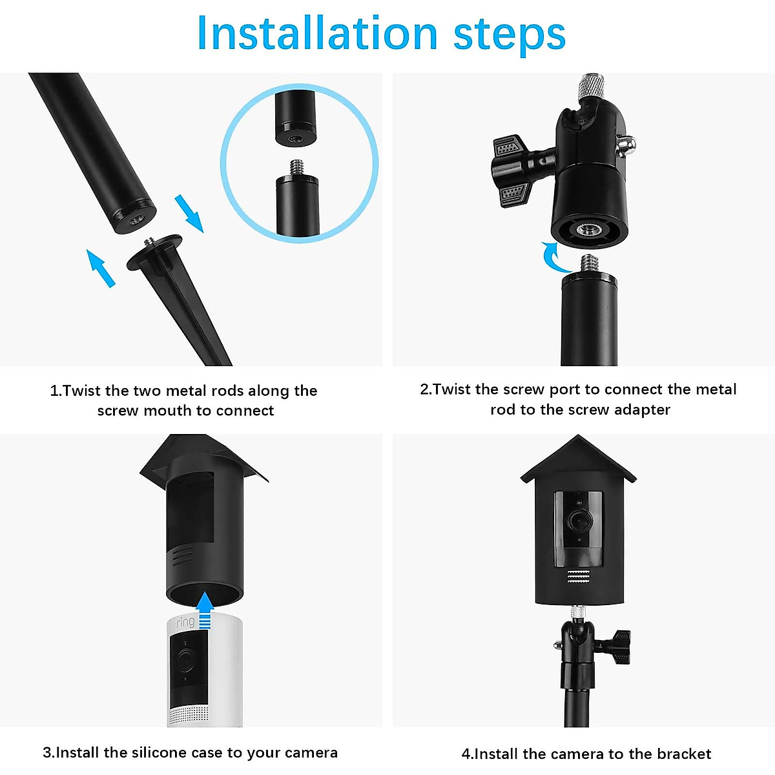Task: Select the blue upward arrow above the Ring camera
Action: point(205,610)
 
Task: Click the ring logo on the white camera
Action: point(185,623)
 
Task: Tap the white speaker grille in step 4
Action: point(579,577)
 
